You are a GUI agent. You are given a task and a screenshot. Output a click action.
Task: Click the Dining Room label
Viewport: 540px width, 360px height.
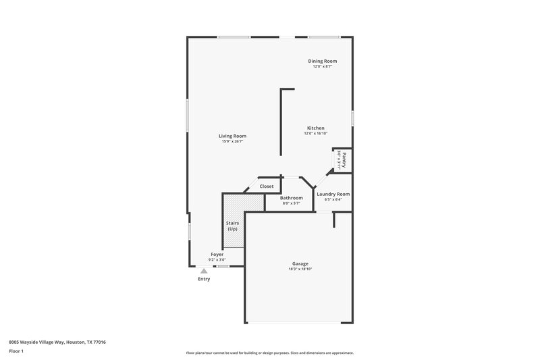pyautogui.click(x=322, y=61)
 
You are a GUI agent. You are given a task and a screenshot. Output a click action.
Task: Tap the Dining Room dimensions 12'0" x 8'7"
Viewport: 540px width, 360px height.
pyautogui.click(x=322, y=67)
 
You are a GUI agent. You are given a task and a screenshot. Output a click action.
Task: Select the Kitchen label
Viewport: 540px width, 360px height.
pyautogui.click(x=316, y=128)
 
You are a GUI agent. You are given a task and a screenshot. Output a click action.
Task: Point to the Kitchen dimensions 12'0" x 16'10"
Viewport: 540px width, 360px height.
pyautogui.click(x=316, y=134)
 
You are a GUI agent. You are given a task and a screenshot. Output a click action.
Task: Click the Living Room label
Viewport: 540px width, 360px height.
pyautogui.click(x=232, y=136)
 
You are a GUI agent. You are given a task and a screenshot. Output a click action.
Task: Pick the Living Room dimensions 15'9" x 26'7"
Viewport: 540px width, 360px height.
pyautogui.click(x=232, y=142)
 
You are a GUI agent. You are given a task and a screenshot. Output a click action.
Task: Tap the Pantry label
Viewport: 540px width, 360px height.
pyautogui.click(x=344, y=160)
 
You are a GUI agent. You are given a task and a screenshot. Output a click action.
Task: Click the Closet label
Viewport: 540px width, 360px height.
pyautogui.click(x=267, y=186)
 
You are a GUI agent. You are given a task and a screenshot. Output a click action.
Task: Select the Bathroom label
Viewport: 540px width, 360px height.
pyautogui.click(x=292, y=197)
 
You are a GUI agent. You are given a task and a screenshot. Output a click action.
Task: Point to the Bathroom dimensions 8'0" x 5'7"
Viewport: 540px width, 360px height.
pyautogui.click(x=292, y=203)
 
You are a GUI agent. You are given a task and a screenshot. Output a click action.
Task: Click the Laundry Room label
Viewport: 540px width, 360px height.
pyautogui.click(x=333, y=194)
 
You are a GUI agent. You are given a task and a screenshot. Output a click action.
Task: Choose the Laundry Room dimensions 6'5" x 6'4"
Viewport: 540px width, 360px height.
pyautogui.click(x=333, y=200)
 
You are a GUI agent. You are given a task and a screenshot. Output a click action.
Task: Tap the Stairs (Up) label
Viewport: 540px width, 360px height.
pyautogui.click(x=232, y=226)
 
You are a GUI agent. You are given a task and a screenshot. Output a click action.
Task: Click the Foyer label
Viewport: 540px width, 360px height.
pyautogui.click(x=217, y=254)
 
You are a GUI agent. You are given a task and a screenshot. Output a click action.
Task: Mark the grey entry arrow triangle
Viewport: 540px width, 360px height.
pyautogui.click(x=204, y=270)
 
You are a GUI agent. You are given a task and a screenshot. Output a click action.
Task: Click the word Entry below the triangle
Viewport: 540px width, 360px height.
pyautogui.click(x=204, y=279)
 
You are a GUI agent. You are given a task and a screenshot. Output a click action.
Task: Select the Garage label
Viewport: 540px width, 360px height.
pyautogui.click(x=300, y=263)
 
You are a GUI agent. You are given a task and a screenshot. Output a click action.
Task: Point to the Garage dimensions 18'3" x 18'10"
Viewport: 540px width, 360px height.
pyautogui.click(x=300, y=269)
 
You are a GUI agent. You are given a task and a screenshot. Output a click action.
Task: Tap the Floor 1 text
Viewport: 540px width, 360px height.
pyautogui.click(x=16, y=352)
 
